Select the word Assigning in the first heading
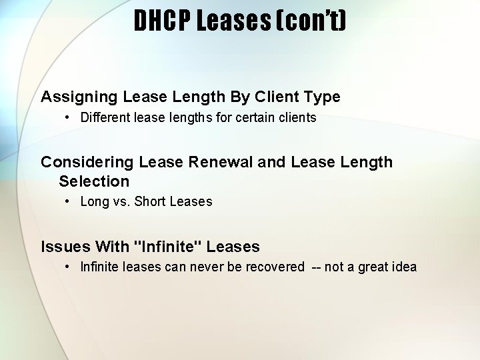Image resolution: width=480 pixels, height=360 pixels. [79, 97]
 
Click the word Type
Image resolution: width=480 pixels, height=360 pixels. [321, 97]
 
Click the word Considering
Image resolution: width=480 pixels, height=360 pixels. [87, 162]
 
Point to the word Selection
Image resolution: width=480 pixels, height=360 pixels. [94, 181]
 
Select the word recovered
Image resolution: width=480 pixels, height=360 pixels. [275, 267]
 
